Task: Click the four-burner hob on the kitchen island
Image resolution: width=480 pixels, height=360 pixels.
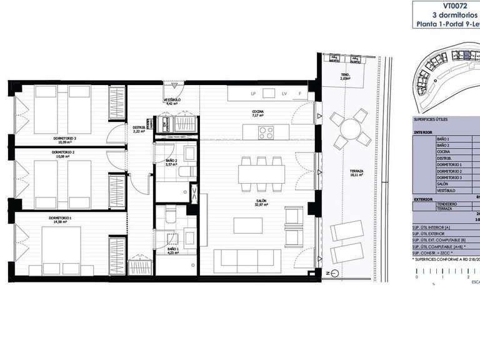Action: [266, 132]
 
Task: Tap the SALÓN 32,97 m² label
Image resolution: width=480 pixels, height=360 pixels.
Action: [261, 203]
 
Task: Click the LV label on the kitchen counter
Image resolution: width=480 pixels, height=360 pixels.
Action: [284, 94]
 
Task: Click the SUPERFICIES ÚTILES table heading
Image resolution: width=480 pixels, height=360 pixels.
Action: [431, 119]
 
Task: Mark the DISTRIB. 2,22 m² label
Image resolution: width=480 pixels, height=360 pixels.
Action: [139, 129]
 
